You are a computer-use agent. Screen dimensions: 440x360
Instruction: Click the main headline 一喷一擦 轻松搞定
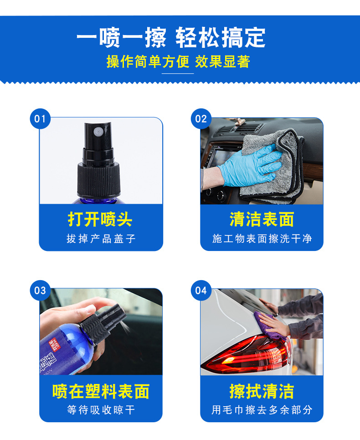pyautogui.click(x=170, y=38)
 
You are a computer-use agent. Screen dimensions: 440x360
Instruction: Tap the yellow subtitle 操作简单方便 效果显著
pyautogui.click(x=178, y=61)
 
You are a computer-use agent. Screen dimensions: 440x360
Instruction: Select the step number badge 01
pyautogui.click(x=40, y=119)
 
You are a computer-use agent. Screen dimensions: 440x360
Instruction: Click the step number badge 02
pyautogui.click(x=201, y=119)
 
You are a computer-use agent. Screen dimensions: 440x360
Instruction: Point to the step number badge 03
pyautogui.click(x=40, y=290)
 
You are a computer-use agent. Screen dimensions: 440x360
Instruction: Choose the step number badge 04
pyautogui.click(x=201, y=290)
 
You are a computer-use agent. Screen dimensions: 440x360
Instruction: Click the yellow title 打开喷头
pyautogui.click(x=100, y=220)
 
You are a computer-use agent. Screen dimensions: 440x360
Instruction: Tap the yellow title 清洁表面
pyautogui.click(x=262, y=220)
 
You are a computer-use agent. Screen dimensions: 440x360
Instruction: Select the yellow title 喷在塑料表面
pyautogui.click(x=101, y=391)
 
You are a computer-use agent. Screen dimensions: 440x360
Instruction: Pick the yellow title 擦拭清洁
pyautogui.click(x=262, y=391)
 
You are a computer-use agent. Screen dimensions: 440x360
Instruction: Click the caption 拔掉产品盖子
pyautogui.click(x=101, y=239)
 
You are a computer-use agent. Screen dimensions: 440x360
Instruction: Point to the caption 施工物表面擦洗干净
pyautogui.click(x=262, y=239)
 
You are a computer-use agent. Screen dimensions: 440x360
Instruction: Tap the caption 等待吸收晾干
pyautogui.click(x=101, y=410)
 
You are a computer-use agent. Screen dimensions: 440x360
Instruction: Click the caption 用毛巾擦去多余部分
pyautogui.click(x=262, y=410)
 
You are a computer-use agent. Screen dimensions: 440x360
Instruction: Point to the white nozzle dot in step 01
pyautogui.click(x=97, y=131)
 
